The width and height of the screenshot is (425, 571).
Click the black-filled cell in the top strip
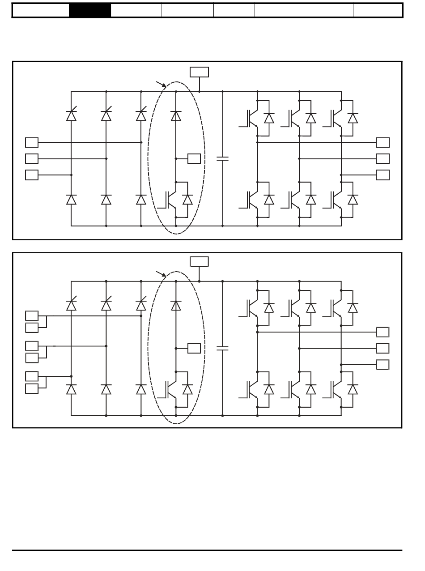[x=90, y=10]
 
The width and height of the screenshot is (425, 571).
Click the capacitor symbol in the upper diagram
[x=222, y=158]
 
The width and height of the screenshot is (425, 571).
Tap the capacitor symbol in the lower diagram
[x=222, y=348]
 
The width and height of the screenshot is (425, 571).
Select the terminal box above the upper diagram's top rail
[x=199, y=72]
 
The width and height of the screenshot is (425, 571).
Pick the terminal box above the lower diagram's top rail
[x=199, y=262]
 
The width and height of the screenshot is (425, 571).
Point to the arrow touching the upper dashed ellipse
[x=161, y=84]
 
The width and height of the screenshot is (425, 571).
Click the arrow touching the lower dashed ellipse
[x=161, y=273]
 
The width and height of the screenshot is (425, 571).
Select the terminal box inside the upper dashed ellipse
[x=194, y=158]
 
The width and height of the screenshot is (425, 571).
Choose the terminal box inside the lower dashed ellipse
[x=194, y=348]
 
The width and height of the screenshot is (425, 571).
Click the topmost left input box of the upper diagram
[x=32, y=143]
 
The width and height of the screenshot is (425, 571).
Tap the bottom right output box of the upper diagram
[x=382, y=175]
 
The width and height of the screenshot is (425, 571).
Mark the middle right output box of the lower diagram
[x=382, y=348]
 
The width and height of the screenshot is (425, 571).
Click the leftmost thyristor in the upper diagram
[x=71, y=115]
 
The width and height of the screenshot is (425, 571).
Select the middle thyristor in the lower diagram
[x=106, y=304]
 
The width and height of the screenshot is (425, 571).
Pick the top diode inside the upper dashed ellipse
[x=176, y=115]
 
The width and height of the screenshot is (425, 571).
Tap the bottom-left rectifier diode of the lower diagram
[x=71, y=389]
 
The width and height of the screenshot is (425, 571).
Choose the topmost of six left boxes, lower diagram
[x=32, y=316]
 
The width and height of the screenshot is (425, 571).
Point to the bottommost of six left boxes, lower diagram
[x=32, y=388]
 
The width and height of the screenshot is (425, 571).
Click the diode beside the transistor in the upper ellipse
[x=188, y=200]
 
